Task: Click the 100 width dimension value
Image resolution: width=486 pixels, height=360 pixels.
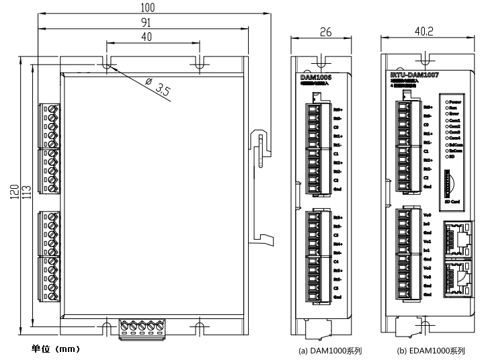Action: [147, 7]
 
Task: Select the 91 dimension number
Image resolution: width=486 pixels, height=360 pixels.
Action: [146, 22]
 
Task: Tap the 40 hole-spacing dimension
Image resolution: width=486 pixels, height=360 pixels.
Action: [147, 37]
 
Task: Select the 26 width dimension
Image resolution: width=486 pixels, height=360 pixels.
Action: [325, 32]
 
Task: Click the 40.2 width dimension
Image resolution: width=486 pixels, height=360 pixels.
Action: [423, 32]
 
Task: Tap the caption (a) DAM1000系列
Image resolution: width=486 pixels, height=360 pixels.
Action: [329, 351]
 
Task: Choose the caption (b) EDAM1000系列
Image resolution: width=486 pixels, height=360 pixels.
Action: [431, 351]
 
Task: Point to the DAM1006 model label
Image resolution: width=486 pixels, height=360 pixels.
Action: [315, 78]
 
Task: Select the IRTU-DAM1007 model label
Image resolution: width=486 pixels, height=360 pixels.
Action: [414, 76]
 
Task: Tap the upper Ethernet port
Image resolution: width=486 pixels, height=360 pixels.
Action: [457, 238]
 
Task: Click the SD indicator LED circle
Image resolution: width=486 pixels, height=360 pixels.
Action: [446, 158]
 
